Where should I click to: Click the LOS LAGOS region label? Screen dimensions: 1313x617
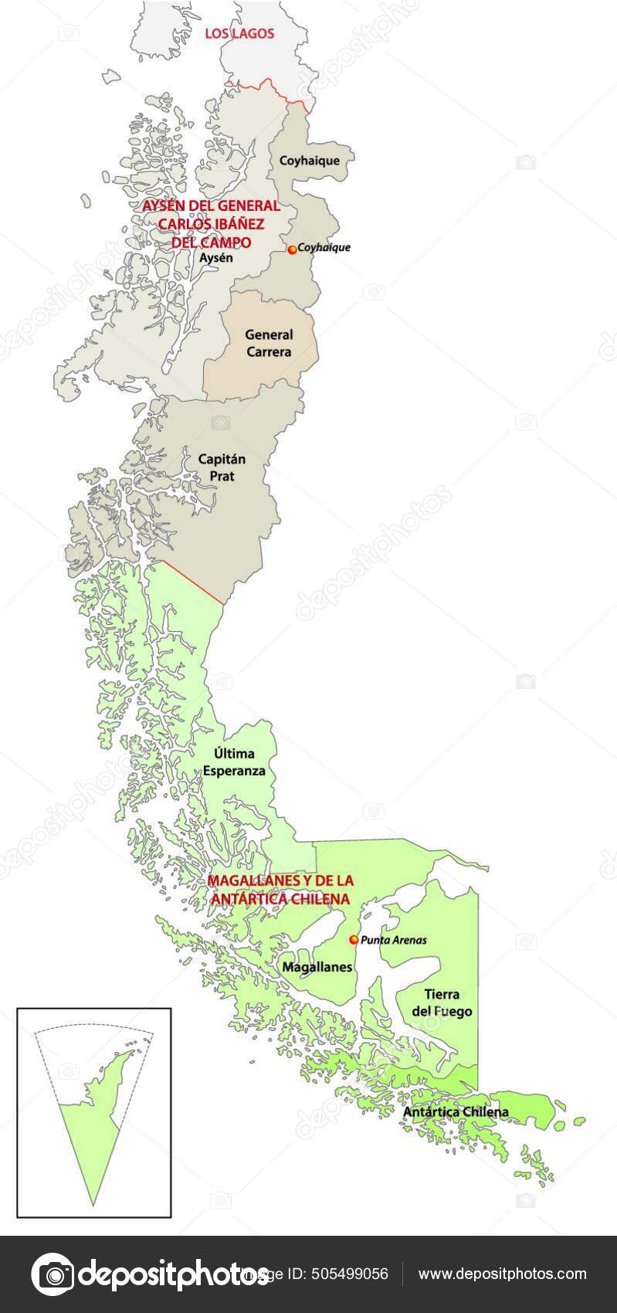(x=239, y=34)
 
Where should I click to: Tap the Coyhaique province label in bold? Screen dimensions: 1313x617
(x=309, y=161)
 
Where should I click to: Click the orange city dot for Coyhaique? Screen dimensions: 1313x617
(x=292, y=249)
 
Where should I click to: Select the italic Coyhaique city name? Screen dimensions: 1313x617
(x=324, y=248)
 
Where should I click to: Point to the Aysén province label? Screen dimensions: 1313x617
(x=215, y=258)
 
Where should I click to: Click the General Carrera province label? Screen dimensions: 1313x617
(x=269, y=343)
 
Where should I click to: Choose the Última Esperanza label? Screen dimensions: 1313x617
(x=234, y=762)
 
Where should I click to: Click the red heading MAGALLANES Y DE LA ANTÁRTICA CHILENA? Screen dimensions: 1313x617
(x=280, y=890)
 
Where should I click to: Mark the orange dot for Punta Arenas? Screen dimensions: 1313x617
(x=354, y=940)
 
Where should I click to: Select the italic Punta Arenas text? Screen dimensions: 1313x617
(x=394, y=940)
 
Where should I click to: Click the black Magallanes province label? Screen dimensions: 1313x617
(x=317, y=967)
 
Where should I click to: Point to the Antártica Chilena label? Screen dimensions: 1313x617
(x=456, y=1112)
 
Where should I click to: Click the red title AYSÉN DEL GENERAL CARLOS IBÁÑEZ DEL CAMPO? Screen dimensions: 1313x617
(x=211, y=224)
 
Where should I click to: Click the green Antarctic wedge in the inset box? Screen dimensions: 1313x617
(x=91, y=1143)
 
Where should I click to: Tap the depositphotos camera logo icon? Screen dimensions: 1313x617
(x=52, y=1274)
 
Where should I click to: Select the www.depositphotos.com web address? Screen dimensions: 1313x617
(x=503, y=1274)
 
